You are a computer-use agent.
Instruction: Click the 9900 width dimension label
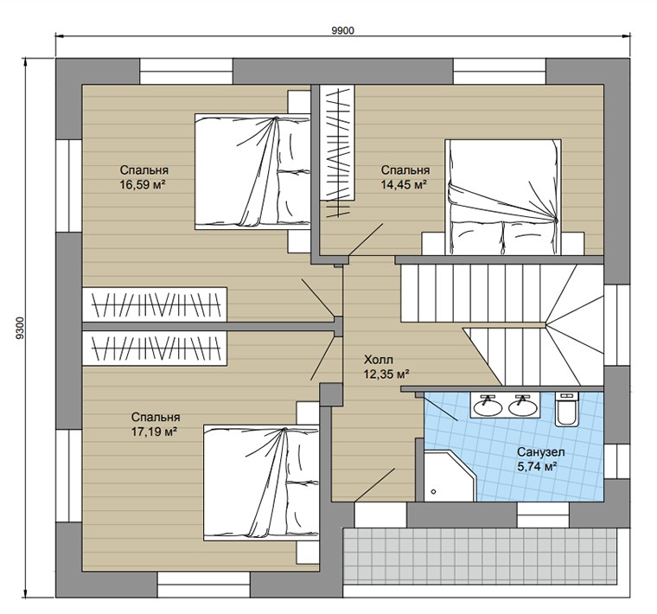tap(342, 31)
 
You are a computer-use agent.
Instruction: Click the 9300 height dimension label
tap(20, 328)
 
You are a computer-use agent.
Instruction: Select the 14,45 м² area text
tap(404, 184)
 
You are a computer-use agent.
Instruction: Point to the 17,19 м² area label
tap(153, 432)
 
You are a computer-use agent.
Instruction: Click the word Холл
tap(379, 360)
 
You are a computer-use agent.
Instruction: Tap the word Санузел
tap(540, 452)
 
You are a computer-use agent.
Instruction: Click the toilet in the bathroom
tap(567, 409)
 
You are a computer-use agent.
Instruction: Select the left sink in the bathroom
tap(488, 406)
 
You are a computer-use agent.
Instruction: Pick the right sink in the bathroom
tap(522, 406)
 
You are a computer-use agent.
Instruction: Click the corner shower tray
tap(450, 476)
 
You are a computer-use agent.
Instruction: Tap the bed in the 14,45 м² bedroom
tap(503, 197)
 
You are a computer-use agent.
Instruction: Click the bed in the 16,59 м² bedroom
tap(252, 171)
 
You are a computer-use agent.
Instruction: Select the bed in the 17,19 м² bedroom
tap(261, 482)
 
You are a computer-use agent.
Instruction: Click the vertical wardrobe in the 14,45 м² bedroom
tap(337, 142)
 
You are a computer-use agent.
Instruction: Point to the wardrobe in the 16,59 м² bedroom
tap(155, 304)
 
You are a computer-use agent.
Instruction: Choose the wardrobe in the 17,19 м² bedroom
tap(155, 349)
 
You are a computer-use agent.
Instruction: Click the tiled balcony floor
tap(480, 556)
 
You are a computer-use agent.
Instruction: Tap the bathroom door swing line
tap(441, 407)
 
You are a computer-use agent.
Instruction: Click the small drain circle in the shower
tap(433, 491)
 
